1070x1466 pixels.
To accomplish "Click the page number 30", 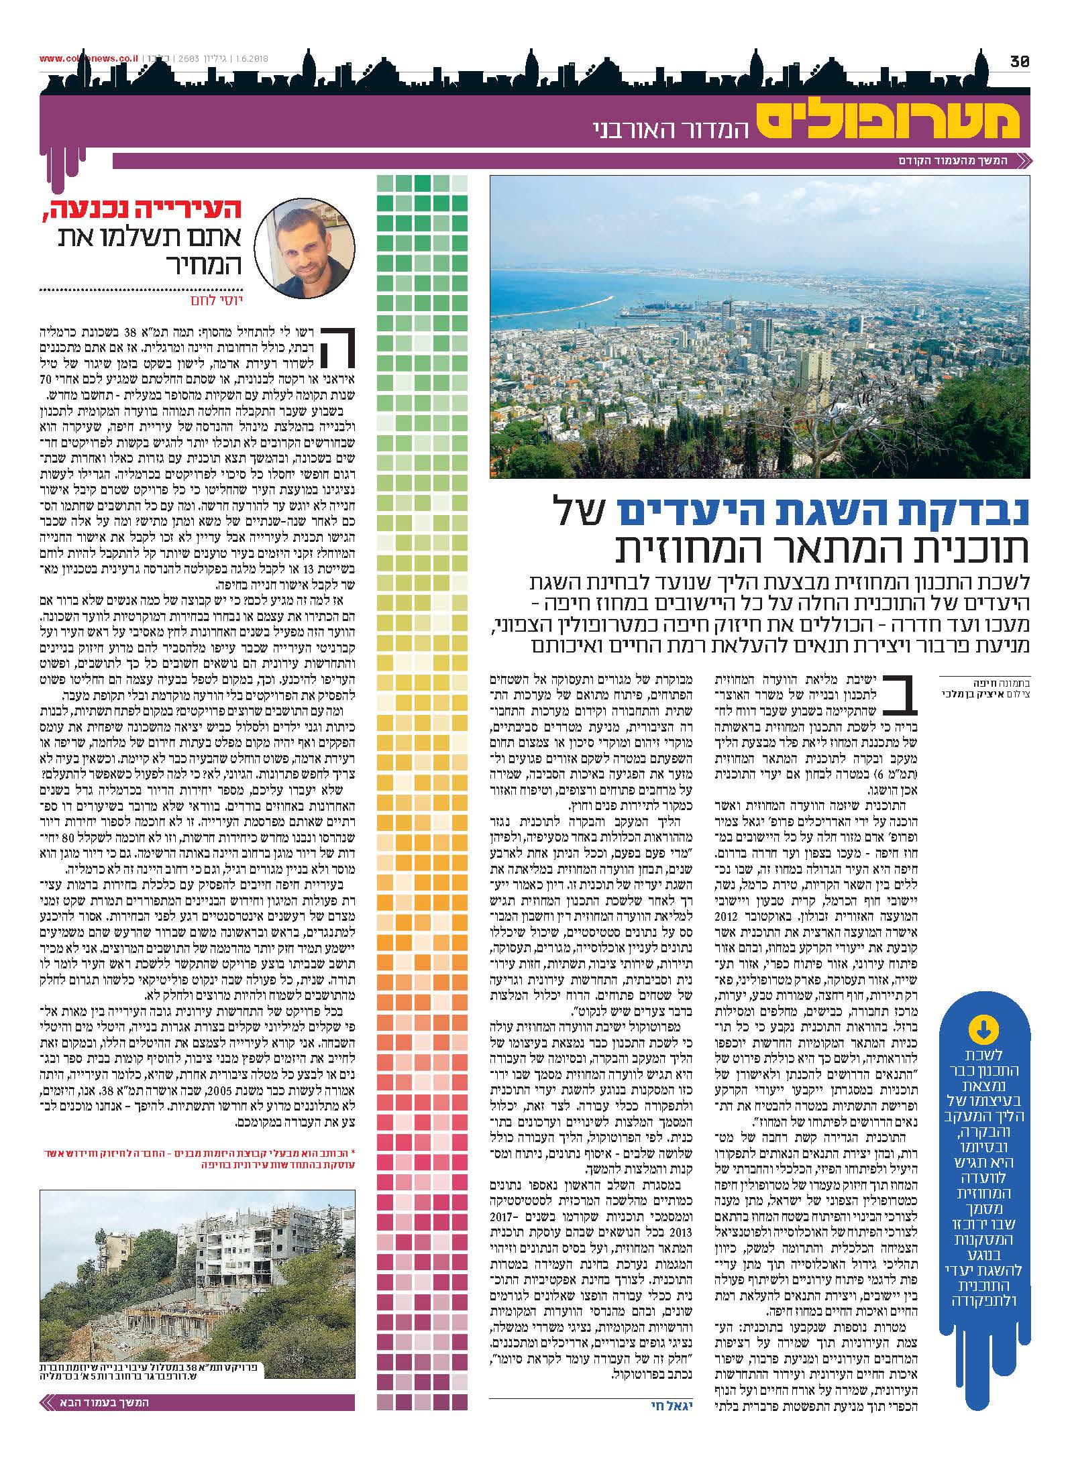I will tap(1020, 61).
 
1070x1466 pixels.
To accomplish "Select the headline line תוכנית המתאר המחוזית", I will tap(822, 550).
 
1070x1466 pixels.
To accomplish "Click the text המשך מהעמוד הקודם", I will tap(953, 162).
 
